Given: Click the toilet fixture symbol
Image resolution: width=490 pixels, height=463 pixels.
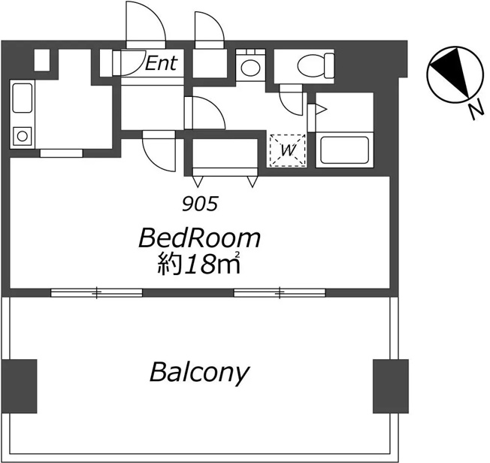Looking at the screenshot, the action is [x=316, y=66].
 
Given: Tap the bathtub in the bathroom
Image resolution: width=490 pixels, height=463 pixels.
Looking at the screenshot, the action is [x=345, y=150].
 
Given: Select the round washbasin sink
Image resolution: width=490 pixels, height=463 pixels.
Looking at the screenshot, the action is [x=250, y=68].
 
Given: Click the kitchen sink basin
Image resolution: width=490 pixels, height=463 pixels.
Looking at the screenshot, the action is [x=23, y=98].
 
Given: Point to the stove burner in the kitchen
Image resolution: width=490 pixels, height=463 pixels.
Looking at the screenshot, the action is [x=23, y=136].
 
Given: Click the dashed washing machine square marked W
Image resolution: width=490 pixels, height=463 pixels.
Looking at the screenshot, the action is [x=288, y=150].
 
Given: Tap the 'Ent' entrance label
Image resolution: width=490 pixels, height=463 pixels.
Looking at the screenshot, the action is [x=162, y=63].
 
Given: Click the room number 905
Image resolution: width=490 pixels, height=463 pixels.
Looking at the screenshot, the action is [x=200, y=204].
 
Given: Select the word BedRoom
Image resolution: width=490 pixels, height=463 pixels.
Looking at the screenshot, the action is [x=199, y=239].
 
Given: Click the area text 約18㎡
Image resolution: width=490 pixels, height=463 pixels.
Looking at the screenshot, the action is [x=198, y=264].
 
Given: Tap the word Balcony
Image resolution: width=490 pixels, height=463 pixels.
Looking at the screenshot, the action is [x=199, y=372].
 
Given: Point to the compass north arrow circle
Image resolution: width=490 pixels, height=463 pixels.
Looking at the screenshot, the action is [x=455, y=74].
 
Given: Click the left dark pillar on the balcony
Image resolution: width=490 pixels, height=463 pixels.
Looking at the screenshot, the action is [x=20, y=386].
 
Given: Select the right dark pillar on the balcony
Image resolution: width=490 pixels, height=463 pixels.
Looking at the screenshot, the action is [x=391, y=386].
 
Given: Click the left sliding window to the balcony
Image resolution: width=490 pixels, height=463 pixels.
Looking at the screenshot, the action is [x=96, y=292].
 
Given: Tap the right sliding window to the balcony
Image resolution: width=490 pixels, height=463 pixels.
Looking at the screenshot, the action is [x=280, y=292].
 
